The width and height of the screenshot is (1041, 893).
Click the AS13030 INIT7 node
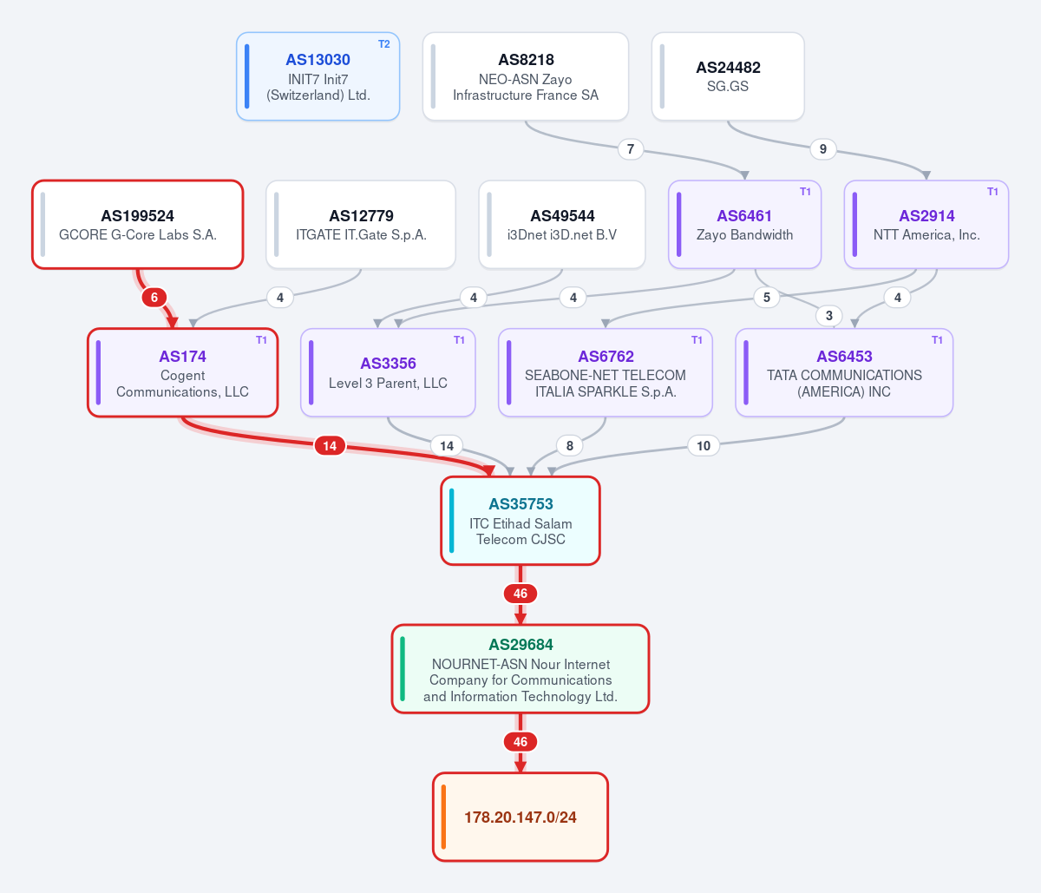pyautogui.click(x=318, y=76)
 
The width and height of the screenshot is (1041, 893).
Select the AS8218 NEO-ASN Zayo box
pyautogui.click(x=526, y=76)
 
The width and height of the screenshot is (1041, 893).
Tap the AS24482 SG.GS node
pyautogui.click(x=728, y=76)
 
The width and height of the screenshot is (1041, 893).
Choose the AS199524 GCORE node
pyautogui.click(x=137, y=224)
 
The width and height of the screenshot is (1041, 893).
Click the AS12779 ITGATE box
pyautogui.click(x=361, y=224)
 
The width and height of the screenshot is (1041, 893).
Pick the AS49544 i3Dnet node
pyautogui.click(x=562, y=224)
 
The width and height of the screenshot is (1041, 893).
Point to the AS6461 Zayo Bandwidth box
pyautogui.click(x=744, y=224)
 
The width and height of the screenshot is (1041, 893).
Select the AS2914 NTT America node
pyautogui.click(x=926, y=224)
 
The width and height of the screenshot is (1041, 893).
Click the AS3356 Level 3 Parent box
pyautogui.click(x=388, y=372)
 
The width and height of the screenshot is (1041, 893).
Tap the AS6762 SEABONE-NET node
pyautogui.click(x=606, y=372)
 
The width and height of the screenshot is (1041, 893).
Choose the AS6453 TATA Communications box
pyautogui.click(x=844, y=372)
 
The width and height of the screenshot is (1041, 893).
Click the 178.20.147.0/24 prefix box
pyautogui.click(x=520, y=817)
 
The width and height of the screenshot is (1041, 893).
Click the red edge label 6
pyautogui.click(x=154, y=298)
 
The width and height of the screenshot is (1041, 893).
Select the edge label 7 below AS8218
pyautogui.click(x=630, y=149)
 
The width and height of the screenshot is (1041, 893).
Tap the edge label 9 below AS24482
pyautogui.click(x=823, y=149)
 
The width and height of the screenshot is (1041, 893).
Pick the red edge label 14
pyautogui.click(x=330, y=446)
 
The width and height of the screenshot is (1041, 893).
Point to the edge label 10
pyautogui.click(x=703, y=446)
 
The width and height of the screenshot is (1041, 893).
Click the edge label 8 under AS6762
pyautogui.click(x=570, y=446)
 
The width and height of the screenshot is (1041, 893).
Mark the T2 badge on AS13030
pyautogui.click(x=383, y=44)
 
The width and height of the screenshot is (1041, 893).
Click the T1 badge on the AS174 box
pyautogui.click(x=261, y=340)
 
